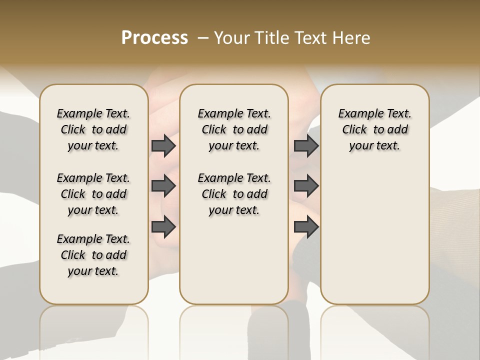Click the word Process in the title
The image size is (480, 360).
coord(154,38)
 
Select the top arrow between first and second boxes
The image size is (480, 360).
coord(163,145)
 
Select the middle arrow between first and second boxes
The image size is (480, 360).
coord(163,186)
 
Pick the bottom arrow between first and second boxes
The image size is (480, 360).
coord(163,227)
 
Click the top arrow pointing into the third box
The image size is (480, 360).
coord(306,145)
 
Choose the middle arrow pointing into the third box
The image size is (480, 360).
coord(306,186)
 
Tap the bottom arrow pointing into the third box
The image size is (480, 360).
coord(306,227)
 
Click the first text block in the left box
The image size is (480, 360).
coord(93,129)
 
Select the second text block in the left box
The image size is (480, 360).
coord(93,194)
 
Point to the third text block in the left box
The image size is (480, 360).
coord(93,255)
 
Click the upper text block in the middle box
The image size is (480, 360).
coord(234,129)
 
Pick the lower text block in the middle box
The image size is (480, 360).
coord(234,194)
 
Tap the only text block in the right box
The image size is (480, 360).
coord(374,129)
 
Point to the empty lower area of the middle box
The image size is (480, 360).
coord(234,260)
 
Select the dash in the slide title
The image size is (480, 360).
coord(202,38)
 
